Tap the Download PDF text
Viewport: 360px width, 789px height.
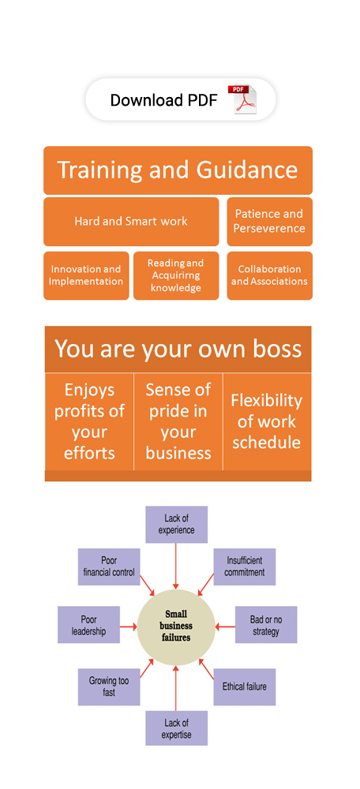pos(163,100)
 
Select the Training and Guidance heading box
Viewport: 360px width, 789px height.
pos(178,170)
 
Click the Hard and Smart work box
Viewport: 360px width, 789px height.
pos(131,222)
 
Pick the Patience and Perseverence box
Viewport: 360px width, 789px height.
pos(269,222)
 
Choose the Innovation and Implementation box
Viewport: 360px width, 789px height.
pos(86,275)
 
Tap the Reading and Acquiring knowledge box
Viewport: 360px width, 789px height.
pos(176,275)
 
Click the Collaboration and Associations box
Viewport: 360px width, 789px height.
pos(269,275)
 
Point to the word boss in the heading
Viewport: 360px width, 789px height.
pos(277,349)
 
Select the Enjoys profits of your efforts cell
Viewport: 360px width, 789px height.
pos(89,421)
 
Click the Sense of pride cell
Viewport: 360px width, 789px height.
pos(178,421)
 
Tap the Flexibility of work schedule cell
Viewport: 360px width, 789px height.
pos(267,421)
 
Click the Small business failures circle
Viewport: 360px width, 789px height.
pos(176,627)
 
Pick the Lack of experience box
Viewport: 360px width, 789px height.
pos(176,525)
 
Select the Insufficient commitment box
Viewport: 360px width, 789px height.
pos(244,567)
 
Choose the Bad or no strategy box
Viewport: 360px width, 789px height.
pos(266,624)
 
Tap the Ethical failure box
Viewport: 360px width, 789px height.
pos(244,687)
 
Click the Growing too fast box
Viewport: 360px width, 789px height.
pos(109,687)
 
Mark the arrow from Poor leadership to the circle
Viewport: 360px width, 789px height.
pos(129,627)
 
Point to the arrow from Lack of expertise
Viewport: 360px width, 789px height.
pos(176,688)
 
